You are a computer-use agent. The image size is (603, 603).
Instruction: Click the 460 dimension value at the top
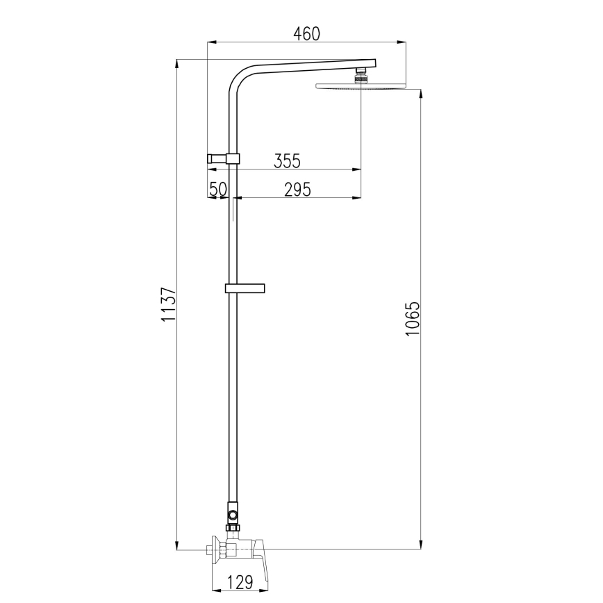coord(306,33)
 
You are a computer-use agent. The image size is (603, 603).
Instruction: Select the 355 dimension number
coord(286,160)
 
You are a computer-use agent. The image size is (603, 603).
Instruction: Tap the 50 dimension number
coord(219,188)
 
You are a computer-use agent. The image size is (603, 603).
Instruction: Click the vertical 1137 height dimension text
coord(167,304)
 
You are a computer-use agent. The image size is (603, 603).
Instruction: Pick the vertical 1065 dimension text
coord(413,319)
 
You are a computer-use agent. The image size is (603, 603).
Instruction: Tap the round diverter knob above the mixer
coord(233,515)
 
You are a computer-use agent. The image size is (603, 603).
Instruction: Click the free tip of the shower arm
coord(373,63)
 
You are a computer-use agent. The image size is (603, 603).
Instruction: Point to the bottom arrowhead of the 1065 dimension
coord(420,547)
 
